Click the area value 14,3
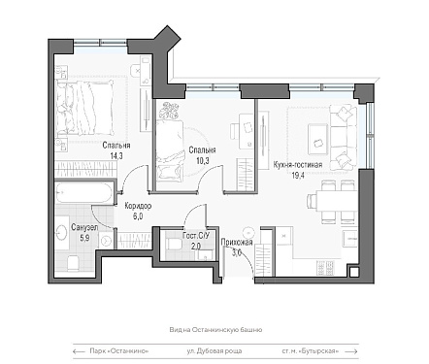tap(116, 156)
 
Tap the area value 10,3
tap(203, 161)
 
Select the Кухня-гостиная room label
tap(298, 165)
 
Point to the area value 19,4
tap(297, 176)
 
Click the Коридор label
tap(138, 206)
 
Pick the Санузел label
tap(84, 227)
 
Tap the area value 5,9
tap(84, 238)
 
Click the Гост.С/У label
tap(196, 236)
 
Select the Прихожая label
tap(237, 243)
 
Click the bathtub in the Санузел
tap(83, 193)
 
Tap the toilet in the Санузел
tap(73, 263)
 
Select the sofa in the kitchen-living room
tap(343, 137)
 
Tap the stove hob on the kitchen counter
tap(326, 267)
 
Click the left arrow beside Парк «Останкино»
tap(78, 351)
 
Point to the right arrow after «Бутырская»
tap(351, 351)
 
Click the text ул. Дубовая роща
tap(214, 351)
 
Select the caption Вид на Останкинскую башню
tap(215, 330)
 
